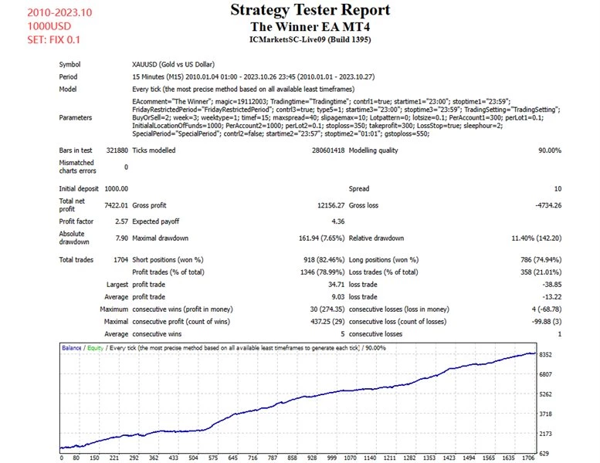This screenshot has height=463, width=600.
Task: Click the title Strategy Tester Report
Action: [299, 11]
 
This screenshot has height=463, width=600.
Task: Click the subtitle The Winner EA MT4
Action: [299, 26]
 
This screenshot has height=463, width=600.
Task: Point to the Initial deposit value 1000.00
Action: [116, 188]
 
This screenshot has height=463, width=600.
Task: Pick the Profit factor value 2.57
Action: [120, 221]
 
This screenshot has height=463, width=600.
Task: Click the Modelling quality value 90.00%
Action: [545, 150]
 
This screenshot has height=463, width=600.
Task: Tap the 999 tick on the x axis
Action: [332, 458]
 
